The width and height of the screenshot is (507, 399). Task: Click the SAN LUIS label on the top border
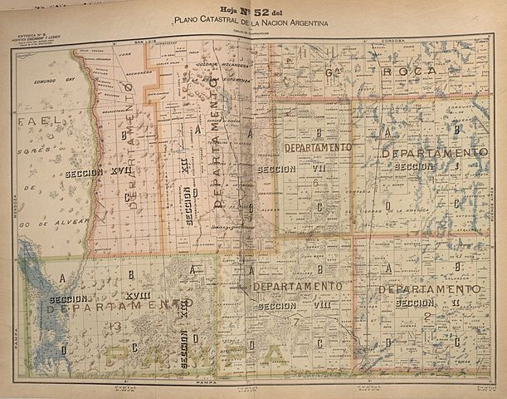[146, 41]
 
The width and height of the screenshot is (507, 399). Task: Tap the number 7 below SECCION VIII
[293, 320]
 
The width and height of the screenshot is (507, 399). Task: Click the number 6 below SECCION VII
[316, 180]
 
